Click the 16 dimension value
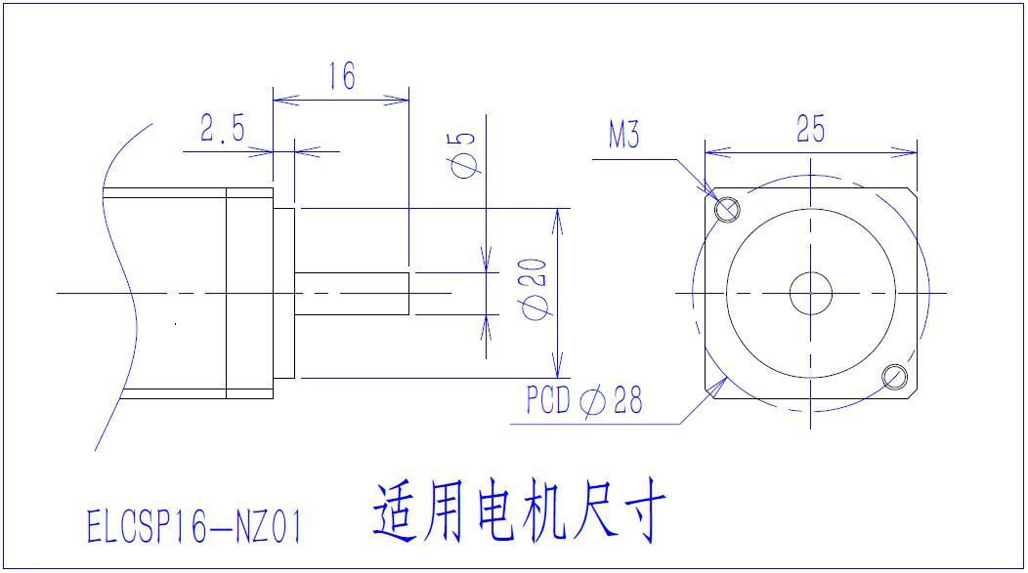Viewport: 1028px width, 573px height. click(x=341, y=76)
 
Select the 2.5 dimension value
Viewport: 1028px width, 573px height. click(x=223, y=129)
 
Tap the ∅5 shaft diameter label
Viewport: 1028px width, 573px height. click(x=465, y=154)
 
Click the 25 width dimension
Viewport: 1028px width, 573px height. click(x=810, y=129)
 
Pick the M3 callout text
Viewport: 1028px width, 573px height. click(x=624, y=136)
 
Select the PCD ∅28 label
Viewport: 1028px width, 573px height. click(x=583, y=400)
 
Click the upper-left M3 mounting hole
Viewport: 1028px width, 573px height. click(x=727, y=209)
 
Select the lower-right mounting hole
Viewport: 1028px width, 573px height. click(x=893, y=376)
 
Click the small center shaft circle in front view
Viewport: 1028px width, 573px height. click(x=810, y=293)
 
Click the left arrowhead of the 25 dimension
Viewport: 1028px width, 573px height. click(x=713, y=152)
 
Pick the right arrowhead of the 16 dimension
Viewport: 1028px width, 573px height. click(x=401, y=99)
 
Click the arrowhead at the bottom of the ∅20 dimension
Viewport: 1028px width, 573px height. click(x=558, y=370)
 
